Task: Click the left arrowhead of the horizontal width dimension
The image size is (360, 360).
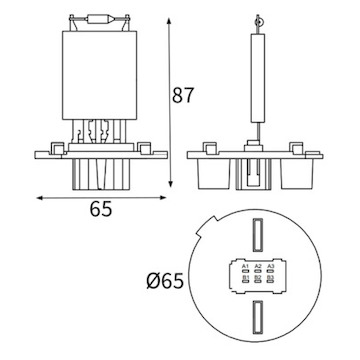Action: [x=39, y=197]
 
